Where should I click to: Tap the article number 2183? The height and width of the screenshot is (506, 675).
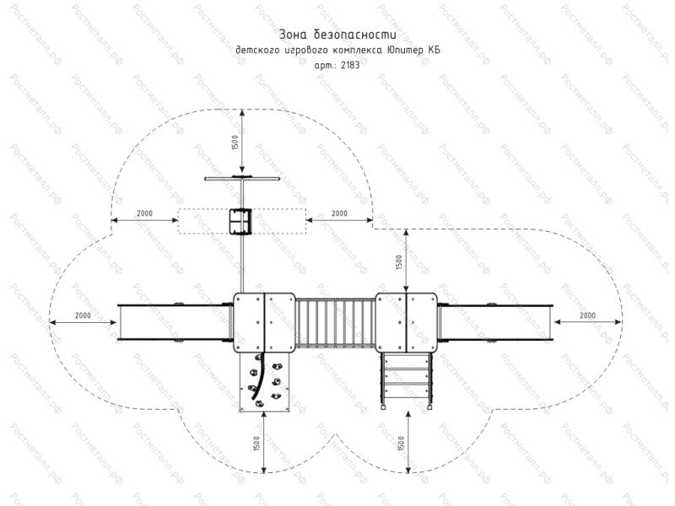point(350,66)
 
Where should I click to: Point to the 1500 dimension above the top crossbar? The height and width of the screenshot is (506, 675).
point(235,143)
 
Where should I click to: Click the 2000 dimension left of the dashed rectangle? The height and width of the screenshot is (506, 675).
point(144,213)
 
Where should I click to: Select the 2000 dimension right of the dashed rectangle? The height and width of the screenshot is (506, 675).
point(339,213)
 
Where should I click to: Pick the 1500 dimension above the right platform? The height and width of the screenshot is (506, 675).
point(399,262)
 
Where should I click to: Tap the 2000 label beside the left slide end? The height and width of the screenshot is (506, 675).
point(83,315)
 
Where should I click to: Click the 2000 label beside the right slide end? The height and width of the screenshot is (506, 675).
point(587,315)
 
